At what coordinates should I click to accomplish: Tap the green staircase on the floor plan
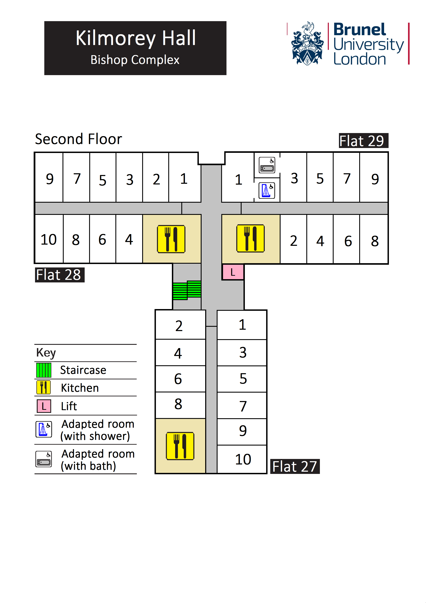click(x=187, y=290)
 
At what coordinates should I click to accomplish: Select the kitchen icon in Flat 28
click(x=171, y=239)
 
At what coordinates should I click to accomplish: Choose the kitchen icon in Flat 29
click(x=251, y=238)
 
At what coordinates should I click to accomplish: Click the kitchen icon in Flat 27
click(x=180, y=446)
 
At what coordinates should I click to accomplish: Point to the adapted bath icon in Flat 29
click(x=267, y=165)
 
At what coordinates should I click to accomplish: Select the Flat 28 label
click(x=60, y=275)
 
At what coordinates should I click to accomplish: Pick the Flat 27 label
click(x=295, y=467)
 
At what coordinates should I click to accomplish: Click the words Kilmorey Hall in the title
click(x=136, y=38)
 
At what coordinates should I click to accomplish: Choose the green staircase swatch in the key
click(x=44, y=370)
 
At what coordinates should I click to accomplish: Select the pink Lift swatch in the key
click(x=44, y=406)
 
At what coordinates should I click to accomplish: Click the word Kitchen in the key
click(x=80, y=388)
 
